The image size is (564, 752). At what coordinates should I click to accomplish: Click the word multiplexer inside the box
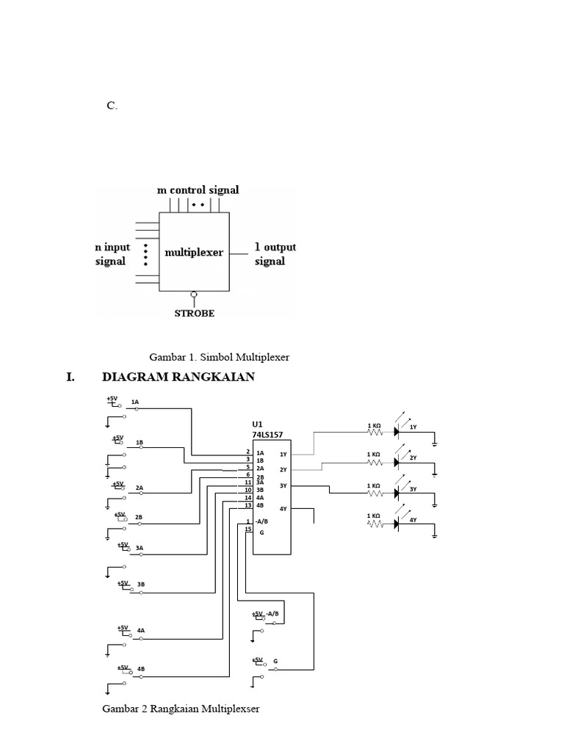(194, 253)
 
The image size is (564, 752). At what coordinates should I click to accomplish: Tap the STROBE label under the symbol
(195, 313)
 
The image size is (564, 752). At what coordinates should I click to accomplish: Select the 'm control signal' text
(198, 189)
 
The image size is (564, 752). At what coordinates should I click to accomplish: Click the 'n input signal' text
(112, 254)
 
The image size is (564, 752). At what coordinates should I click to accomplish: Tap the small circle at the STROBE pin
(194, 295)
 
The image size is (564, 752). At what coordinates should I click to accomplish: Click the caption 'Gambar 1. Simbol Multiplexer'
(220, 357)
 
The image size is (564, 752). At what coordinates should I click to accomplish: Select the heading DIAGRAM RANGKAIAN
(178, 377)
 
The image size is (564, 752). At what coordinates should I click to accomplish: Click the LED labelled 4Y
(398, 524)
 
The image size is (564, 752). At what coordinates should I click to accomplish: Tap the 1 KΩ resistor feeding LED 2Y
(375, 462)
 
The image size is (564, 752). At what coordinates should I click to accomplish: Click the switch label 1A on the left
(135, 402)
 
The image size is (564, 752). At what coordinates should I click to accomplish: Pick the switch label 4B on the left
(140, 668)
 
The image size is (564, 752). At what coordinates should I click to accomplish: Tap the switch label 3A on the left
(140, 547)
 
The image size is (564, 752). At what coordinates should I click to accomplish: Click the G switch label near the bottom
(275, 661)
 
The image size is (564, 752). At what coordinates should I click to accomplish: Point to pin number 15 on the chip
(248, 529)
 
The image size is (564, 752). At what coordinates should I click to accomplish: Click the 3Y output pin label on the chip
(283, 485)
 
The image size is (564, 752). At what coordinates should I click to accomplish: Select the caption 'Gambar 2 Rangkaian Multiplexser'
(181, 709)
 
